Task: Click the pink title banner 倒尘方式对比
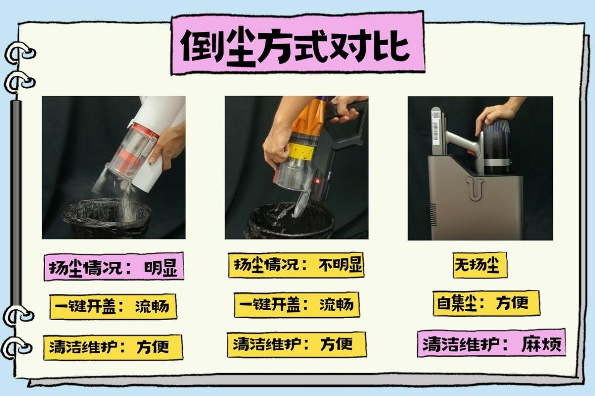tap(298, 43)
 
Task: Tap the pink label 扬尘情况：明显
tap(114, 267)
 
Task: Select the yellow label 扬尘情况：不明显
tap(296, 265)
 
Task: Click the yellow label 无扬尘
tap(480, 265)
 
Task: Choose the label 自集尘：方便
tap(486, 303)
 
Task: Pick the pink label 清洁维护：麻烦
tap(491, 343)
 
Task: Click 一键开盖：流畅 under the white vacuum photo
tap(113, 306)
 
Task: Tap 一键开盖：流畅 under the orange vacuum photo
tap(297, 305)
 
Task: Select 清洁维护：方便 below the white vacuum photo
tap(113, 347)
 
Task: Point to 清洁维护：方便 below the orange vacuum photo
tap(297, 344)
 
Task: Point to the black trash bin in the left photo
tap(106, 218)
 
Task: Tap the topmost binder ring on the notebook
tap(19, 52)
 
